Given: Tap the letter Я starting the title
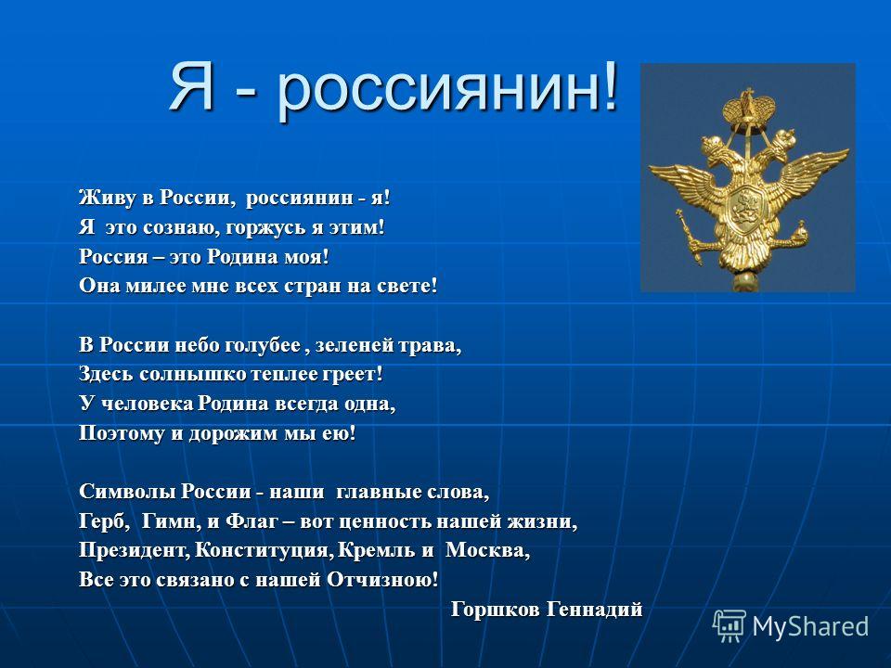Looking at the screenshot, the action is click(x=191, y=85).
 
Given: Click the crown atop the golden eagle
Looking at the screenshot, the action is click(x=748, y=106).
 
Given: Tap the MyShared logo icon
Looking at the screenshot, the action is click(x=730, y=625).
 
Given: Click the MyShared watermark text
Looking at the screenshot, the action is click(x=810, y=626).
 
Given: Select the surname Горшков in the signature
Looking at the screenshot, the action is click(x=495, y=609).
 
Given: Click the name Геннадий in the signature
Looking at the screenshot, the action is click(x=594, y=609).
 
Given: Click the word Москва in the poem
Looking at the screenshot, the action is click(x=487, y=550).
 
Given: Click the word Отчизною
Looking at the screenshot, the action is click(x=383, y=579).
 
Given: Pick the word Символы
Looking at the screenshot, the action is click(x=127, y=492).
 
